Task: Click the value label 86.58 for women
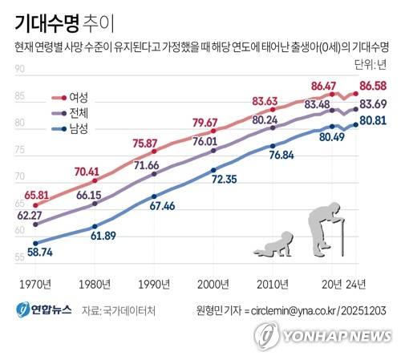tap(373, 86)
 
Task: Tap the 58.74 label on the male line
tap(40, 252)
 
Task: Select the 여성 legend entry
tap(70, 98)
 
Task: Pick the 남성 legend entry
tap(70, 129)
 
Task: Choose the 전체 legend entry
tap(70, 113)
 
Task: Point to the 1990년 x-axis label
tap(154, 285)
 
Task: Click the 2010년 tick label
tap(273, 285)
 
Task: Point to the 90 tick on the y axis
tap(19, 69)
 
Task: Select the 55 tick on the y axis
tap(19, 257)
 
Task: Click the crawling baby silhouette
tap(273, 244)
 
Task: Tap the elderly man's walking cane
tap(342, 237)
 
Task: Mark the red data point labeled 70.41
tap(95, 180)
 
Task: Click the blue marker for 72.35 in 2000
tap(213, 170)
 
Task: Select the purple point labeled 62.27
tap(35, 224)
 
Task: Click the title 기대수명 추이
tap(64, 24)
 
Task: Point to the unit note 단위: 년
tap(371, 64)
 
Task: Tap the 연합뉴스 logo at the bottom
tap(43, 310)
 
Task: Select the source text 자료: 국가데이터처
tap(119, 310)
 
